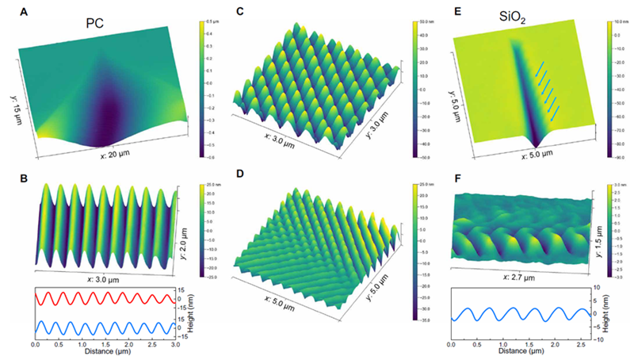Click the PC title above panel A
coord(96,24)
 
